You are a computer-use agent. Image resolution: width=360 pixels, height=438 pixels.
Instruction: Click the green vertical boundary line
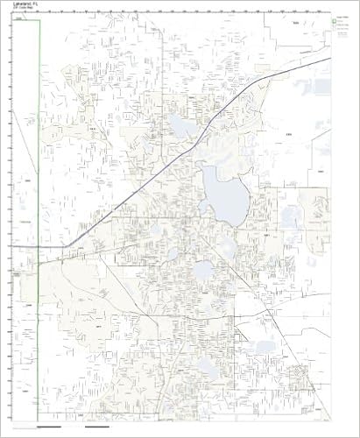click(x=40, y=131)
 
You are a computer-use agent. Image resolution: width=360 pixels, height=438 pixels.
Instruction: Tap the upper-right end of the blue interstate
click(x=328, y=60)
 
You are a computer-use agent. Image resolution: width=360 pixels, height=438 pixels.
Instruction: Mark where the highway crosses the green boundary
click(x=40, y=248)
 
